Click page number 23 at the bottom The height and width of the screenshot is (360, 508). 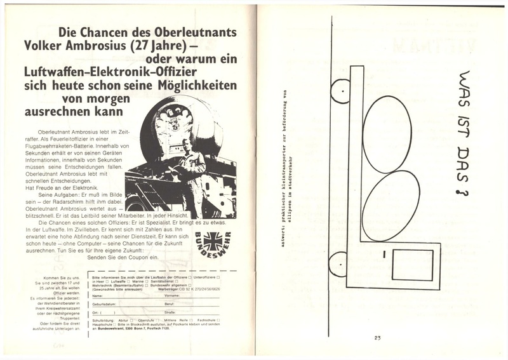(x=377, y=337)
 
